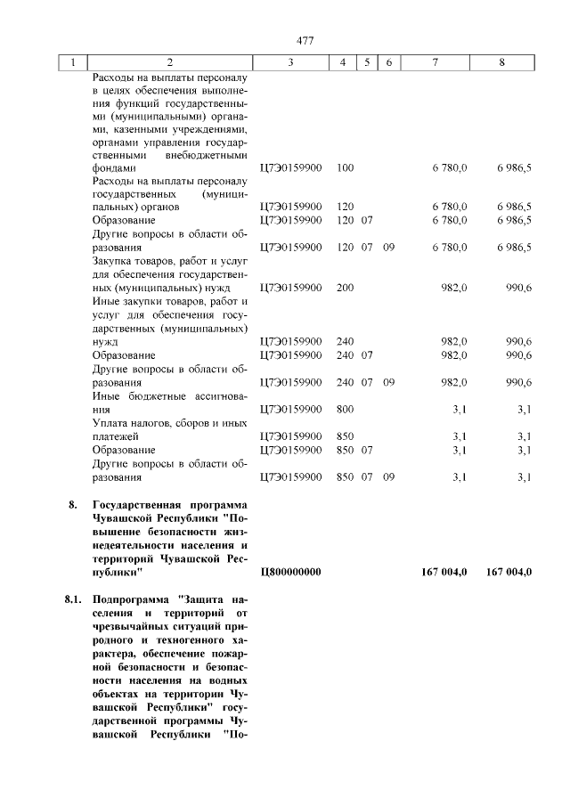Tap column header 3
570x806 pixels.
click(290, 63)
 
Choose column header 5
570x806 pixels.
click(366, 63)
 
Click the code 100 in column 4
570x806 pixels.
click(346, 167)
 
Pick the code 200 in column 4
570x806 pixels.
click(346, 289)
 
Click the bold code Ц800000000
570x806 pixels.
click(290, 572)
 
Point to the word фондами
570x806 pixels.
click(113, 167)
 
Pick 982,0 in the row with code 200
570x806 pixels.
click(454, 289)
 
